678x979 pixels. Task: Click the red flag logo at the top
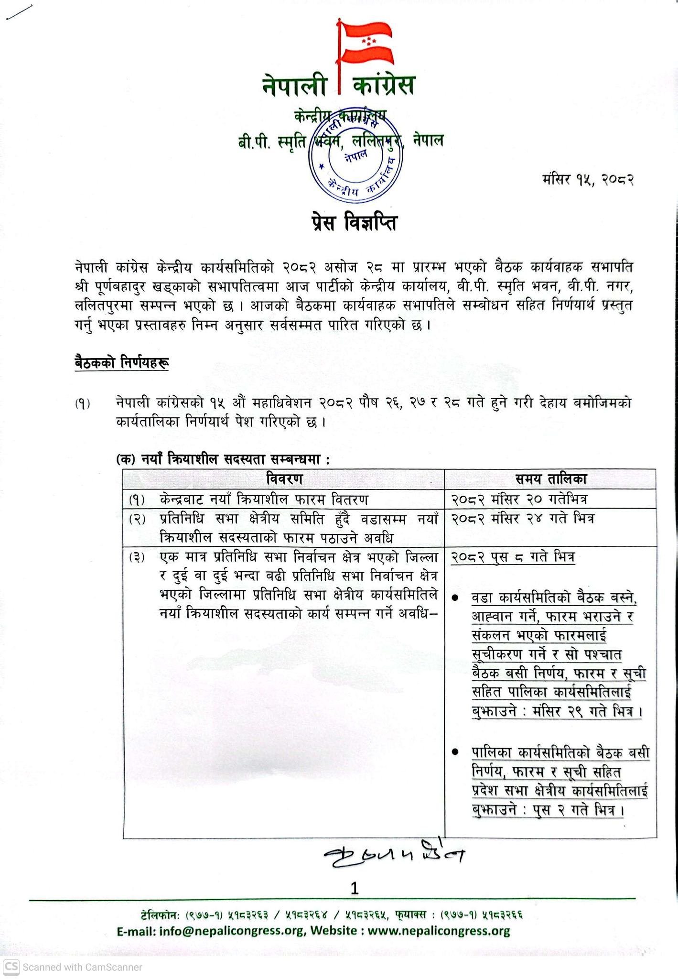pos(366,43)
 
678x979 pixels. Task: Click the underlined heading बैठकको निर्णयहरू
pos(121,363)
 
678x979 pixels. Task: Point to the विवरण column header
pos(284,478)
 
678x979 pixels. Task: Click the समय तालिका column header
pos(550,478)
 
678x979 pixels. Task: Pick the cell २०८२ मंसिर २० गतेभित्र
pos(519,500)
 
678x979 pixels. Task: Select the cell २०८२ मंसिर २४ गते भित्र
pos(522,519)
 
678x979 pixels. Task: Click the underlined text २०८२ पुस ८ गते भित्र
pos(513,557)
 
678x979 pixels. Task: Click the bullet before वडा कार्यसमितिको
pos(456,598)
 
